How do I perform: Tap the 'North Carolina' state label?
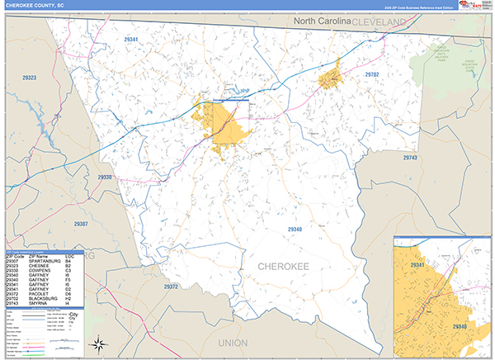318,19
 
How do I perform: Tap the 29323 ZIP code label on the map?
29,78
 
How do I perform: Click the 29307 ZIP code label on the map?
80,224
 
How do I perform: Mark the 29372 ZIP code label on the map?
171,286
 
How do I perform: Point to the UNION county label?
233,342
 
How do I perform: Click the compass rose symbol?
98,343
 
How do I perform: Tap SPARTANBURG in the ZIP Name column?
44,261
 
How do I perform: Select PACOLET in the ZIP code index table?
39,295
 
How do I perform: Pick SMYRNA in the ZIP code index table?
38,304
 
